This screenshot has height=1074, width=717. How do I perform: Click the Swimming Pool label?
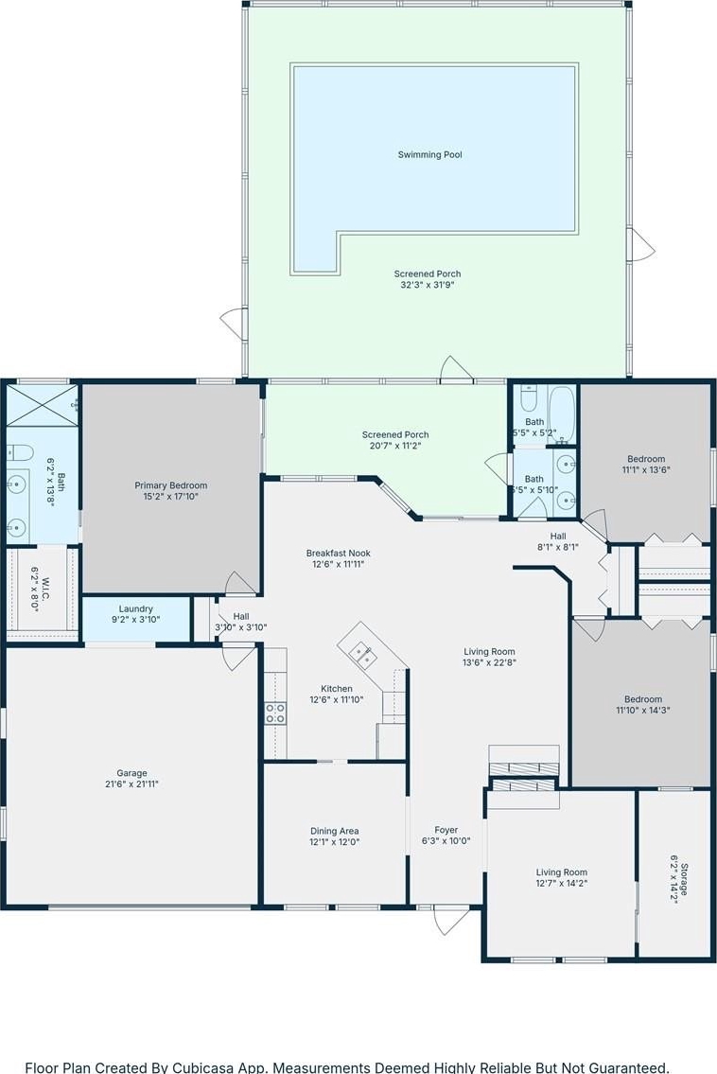coord(430,155)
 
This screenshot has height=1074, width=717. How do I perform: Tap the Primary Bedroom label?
coord(170,485)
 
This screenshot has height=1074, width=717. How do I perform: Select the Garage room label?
coord(131,773)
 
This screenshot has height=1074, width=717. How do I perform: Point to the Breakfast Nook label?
coord(339,554)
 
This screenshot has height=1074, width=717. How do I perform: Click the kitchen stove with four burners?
coord(275,713)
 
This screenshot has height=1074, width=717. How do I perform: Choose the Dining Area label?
coord(334,832)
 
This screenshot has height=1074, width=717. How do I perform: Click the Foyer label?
coord(446,830)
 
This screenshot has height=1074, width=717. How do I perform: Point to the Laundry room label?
coord(135,609)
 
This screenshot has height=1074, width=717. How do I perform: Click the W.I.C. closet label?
coord(45,584)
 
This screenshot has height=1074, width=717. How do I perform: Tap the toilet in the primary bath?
coord(21,452)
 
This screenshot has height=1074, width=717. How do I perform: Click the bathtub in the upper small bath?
coord(563,414)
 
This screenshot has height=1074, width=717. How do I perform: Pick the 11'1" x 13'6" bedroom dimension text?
coord(646,470)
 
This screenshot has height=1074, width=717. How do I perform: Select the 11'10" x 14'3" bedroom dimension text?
coord(643,711)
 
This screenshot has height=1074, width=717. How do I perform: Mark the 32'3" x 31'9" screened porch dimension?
coord(428,285)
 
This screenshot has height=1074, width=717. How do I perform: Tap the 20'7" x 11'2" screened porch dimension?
coord(395,446)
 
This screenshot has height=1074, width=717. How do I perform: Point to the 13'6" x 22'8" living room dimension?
coord(489,662)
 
